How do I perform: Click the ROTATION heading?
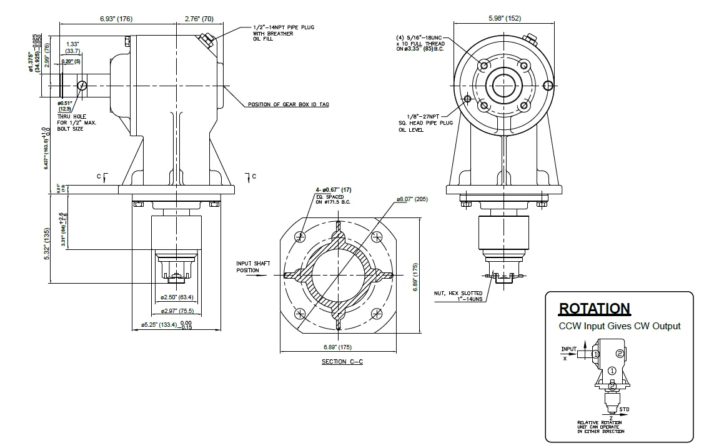click(x=594, y=309)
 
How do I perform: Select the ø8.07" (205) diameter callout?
click(x=413, y=200)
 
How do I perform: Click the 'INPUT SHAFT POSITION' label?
click(x=253, y=267)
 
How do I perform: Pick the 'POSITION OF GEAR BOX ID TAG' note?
click(x=289, y=104)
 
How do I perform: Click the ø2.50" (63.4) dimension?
click(x=177, y=297)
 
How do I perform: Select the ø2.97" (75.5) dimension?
click(x=177, y=311)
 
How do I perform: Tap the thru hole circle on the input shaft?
click(x=82, y=84)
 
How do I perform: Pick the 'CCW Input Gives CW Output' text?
click(x=619, y=326)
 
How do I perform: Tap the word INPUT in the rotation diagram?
click(x=568, y=349)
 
